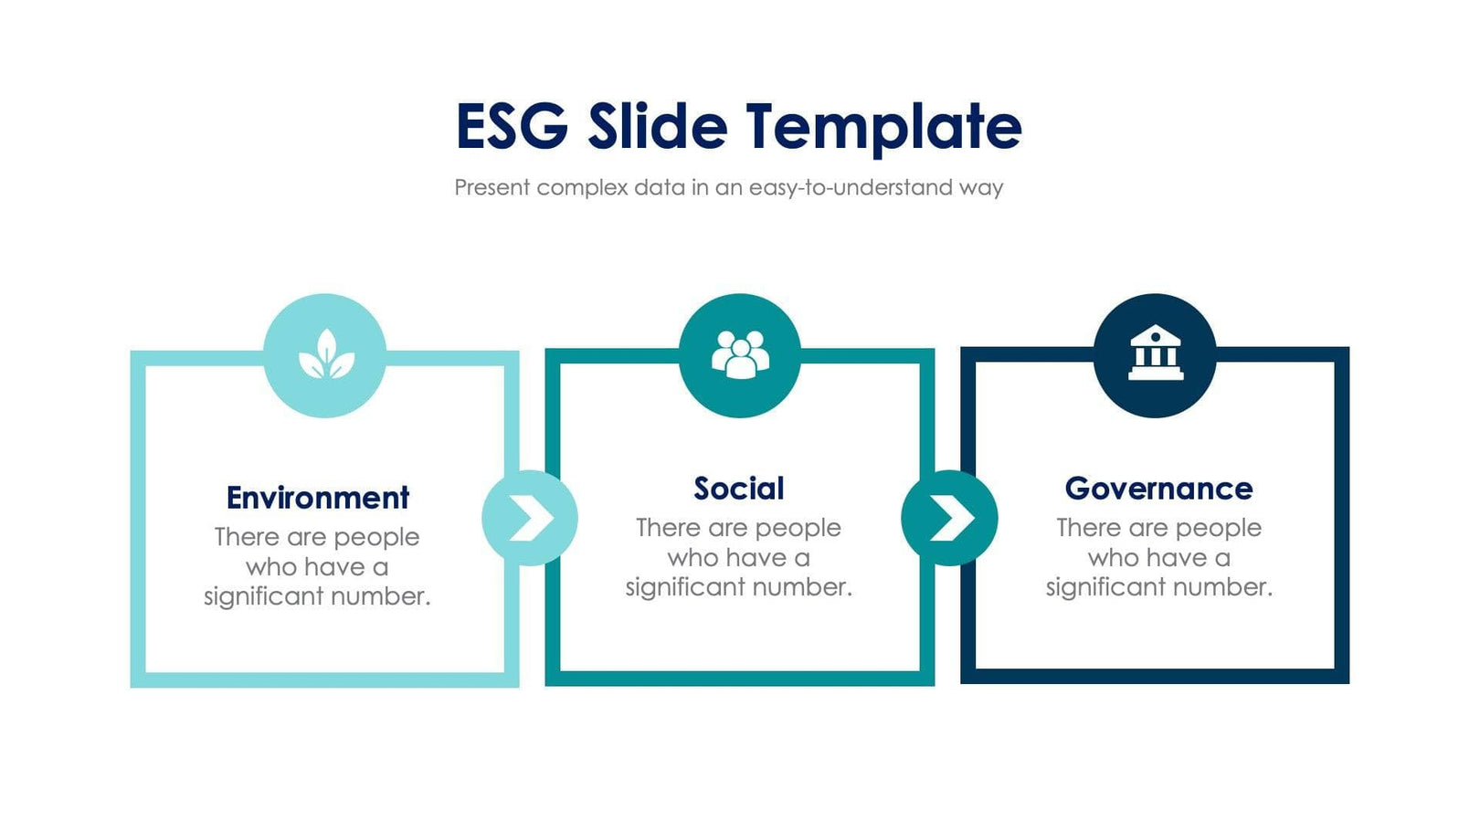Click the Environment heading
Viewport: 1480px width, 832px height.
317,498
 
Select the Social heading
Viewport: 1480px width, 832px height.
738,489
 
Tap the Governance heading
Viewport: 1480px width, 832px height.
1158,489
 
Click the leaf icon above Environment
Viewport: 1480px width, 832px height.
325,355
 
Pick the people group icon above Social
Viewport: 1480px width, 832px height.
740,354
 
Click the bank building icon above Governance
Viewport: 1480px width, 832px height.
1155,353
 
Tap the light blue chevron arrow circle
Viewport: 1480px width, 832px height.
530,518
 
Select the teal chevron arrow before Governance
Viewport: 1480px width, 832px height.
949,518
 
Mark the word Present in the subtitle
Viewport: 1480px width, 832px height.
492,188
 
